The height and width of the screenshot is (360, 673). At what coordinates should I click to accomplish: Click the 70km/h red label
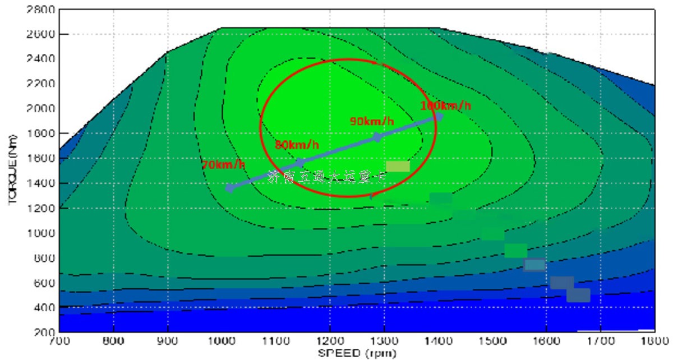click(223, 165)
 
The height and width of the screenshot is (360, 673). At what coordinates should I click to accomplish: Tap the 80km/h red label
click(297, 145)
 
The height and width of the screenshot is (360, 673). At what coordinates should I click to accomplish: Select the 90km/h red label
click(372, 121)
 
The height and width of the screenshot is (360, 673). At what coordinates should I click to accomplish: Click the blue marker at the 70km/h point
click(229, 188)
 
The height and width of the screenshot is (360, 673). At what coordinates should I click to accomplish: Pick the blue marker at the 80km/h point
click(301, 163)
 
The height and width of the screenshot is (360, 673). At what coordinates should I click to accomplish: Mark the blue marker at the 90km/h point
click(377, 137)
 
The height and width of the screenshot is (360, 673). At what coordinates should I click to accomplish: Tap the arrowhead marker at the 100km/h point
click(439, 117)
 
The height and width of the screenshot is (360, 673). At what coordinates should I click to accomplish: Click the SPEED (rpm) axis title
click(357, 353)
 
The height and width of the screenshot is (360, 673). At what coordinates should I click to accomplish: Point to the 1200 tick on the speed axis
click(330, 340)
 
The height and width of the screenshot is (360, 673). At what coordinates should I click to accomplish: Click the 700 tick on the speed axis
click(59, 340)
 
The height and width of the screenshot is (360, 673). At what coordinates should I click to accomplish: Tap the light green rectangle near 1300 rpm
click(398, 166)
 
